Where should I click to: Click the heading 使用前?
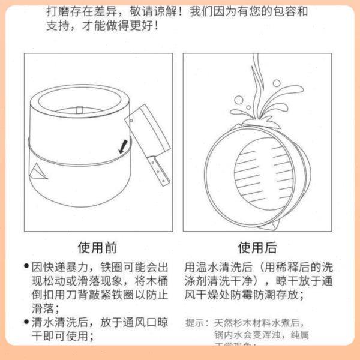pos(97,247)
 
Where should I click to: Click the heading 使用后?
pos(257,247)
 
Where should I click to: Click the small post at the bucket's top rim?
pos(80,110)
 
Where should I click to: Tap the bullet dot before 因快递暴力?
pos(26,266)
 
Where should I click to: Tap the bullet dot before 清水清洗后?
pos(26,323)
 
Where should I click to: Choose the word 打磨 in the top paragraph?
pos(58,11)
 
